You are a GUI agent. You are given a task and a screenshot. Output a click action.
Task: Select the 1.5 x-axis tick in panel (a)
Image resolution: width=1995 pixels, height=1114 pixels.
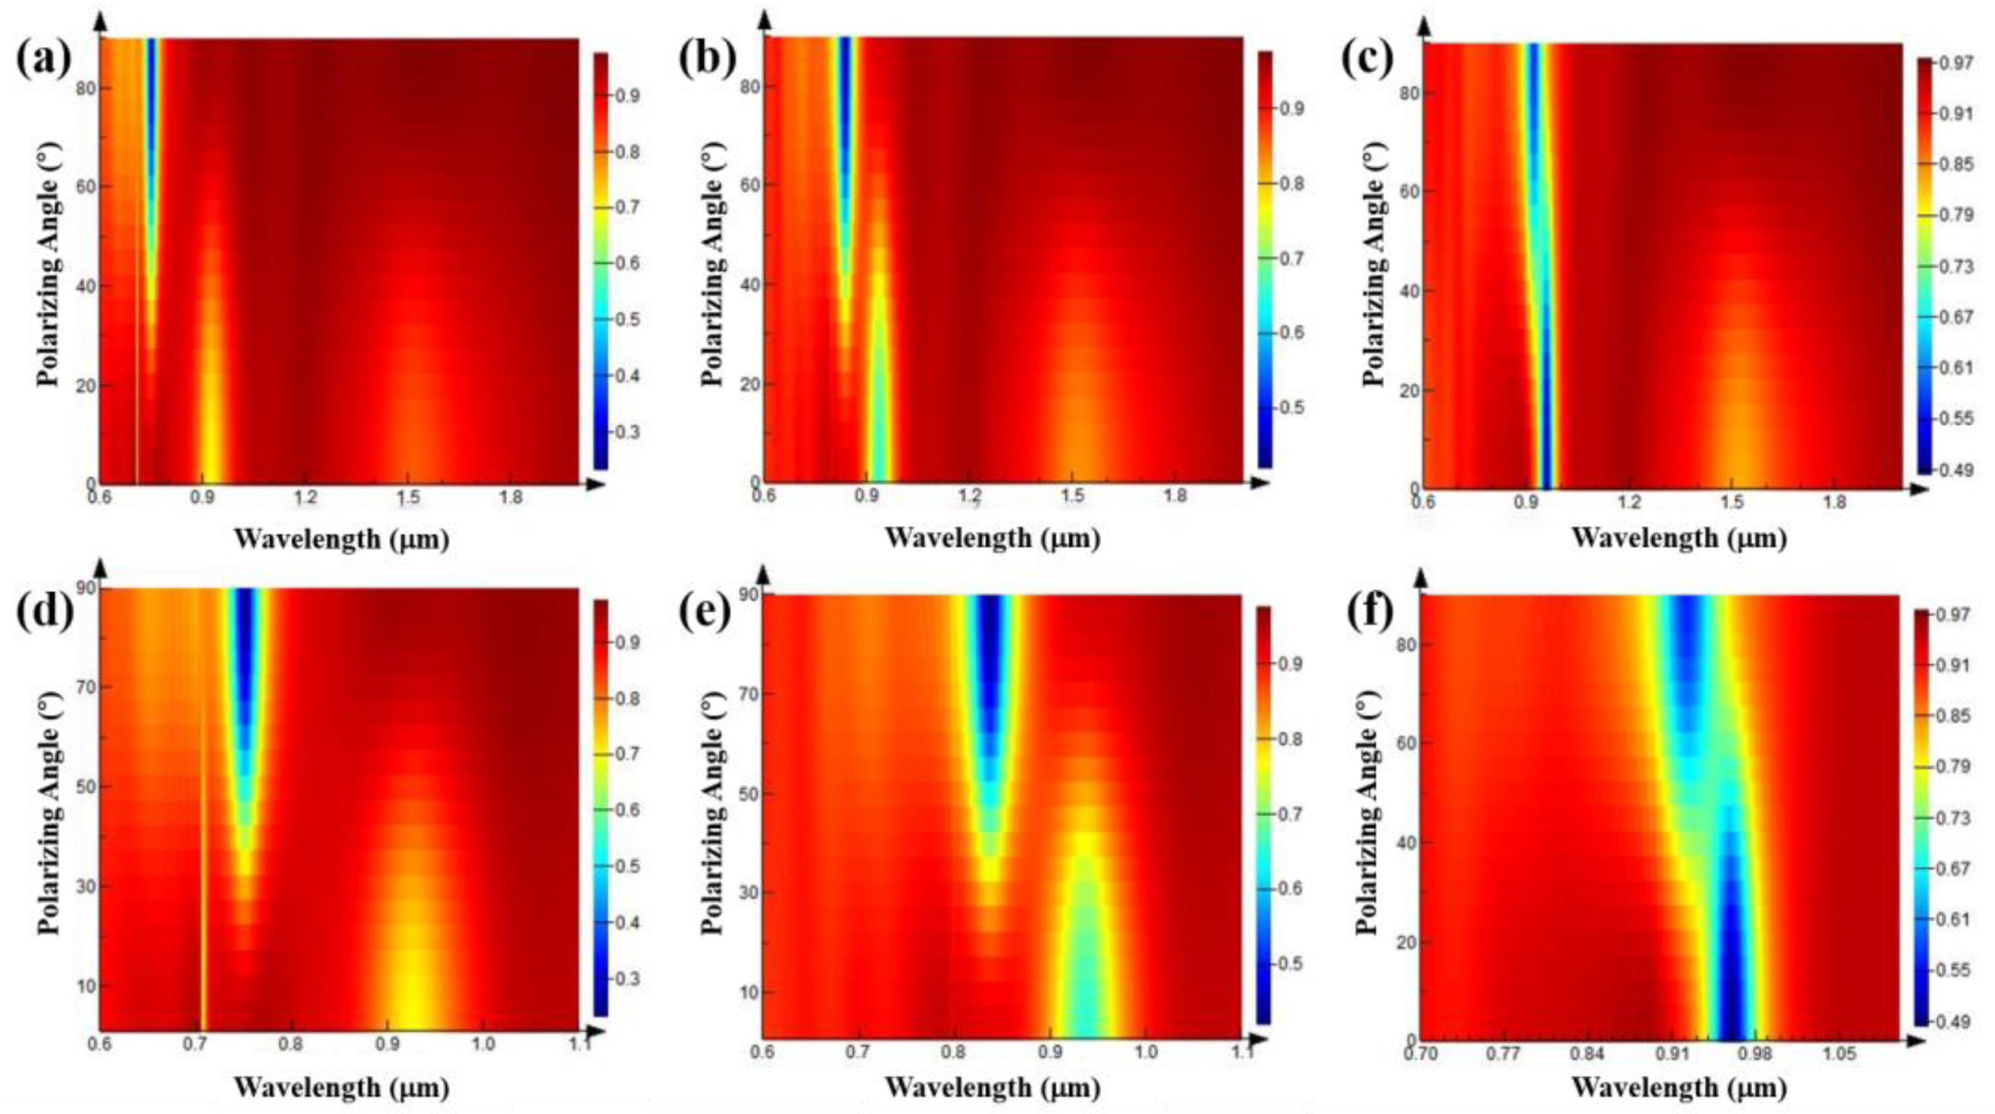click(409, 499)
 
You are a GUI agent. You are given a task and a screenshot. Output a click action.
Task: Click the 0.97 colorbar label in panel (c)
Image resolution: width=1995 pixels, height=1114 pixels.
click(1957, 64)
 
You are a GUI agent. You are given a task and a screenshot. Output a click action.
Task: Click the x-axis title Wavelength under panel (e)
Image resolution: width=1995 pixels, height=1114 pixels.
click(992, 1088)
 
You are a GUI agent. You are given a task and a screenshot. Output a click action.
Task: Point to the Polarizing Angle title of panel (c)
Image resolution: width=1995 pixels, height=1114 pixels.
click(1372, 263)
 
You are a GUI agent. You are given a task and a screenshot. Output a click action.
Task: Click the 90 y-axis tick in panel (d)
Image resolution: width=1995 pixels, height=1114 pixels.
click(86, 589)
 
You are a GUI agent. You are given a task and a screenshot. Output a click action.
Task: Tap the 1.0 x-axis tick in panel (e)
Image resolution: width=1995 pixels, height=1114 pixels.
click(1145, 1053)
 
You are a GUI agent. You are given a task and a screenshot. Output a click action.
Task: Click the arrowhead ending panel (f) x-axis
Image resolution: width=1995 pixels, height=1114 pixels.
click(1915, 1042)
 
